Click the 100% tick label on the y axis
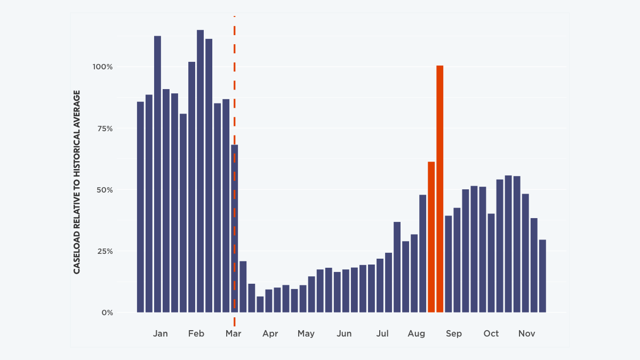click(x=103, y=67)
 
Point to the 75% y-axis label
click(x=105, y=129)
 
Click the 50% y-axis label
click(x=105, y=190)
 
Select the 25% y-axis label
click(x=105, y=251)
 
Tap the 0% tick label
click(x=107, y=313)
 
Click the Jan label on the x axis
click(x=160, y=334)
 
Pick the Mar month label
click(x=233, y=334)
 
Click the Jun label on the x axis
click(x=344, y=334)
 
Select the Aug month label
click(x=416, y=334)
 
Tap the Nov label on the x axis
click(x=526, y=334)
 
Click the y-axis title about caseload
click(x=77, y=182)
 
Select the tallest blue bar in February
click(x=200, y=171)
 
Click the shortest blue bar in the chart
click(x=260, y=305)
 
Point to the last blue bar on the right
click(x=542, y=276)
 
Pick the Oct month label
click(x=491, y=334)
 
